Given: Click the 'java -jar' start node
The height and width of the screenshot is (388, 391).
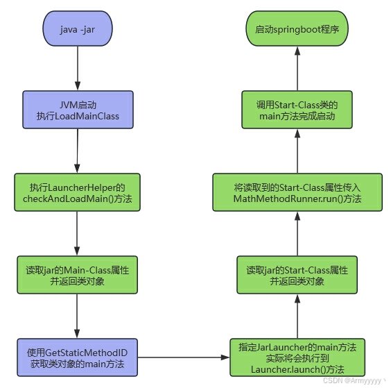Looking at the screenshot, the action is click(x=78, y=28).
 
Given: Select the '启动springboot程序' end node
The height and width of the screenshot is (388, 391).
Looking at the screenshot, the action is click(x=297, y=28).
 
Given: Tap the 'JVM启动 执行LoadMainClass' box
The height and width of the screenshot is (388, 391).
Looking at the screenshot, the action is click(x=78, y=110).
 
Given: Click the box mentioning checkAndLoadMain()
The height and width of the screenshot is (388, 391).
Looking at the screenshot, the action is click(x=78, y=192).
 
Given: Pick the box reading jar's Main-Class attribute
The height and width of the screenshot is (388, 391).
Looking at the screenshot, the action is click(x=78, y=275).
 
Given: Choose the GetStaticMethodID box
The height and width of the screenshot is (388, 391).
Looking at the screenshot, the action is click(x=78, y=357).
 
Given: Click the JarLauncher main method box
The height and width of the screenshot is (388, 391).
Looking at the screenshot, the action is click(x=297, y=357).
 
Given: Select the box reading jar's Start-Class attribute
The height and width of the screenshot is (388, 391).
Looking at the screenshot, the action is click(x=297, y=275).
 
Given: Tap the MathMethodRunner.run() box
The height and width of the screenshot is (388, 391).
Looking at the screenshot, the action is click(x=297, y=192).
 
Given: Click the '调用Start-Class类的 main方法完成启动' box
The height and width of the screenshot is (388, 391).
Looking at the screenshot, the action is click(x=297, y=110).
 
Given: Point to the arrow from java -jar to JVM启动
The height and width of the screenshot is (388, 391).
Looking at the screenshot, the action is click(x=78, y=68).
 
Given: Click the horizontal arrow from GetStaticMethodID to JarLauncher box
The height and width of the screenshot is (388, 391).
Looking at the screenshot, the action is click(x=184, y=357).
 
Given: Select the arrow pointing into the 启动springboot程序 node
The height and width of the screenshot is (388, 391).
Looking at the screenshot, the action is click(x=297, y=69).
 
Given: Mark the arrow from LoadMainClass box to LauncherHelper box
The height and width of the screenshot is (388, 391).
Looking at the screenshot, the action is click(x=78, y=151).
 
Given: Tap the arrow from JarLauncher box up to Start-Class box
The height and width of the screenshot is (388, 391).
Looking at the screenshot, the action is click(x=297, y=317).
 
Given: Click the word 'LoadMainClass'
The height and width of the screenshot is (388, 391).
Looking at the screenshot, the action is click(x=87, y=116).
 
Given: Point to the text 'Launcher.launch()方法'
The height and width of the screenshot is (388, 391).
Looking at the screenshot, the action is click(x=297, y=369).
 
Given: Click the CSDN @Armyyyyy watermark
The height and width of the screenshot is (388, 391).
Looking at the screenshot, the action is click(x=352, y=381).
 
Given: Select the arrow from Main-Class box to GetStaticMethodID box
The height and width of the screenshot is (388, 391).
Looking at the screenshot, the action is click(x=77, y=317).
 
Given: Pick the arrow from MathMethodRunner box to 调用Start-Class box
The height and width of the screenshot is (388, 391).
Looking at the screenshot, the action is click(x=297, y=151).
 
